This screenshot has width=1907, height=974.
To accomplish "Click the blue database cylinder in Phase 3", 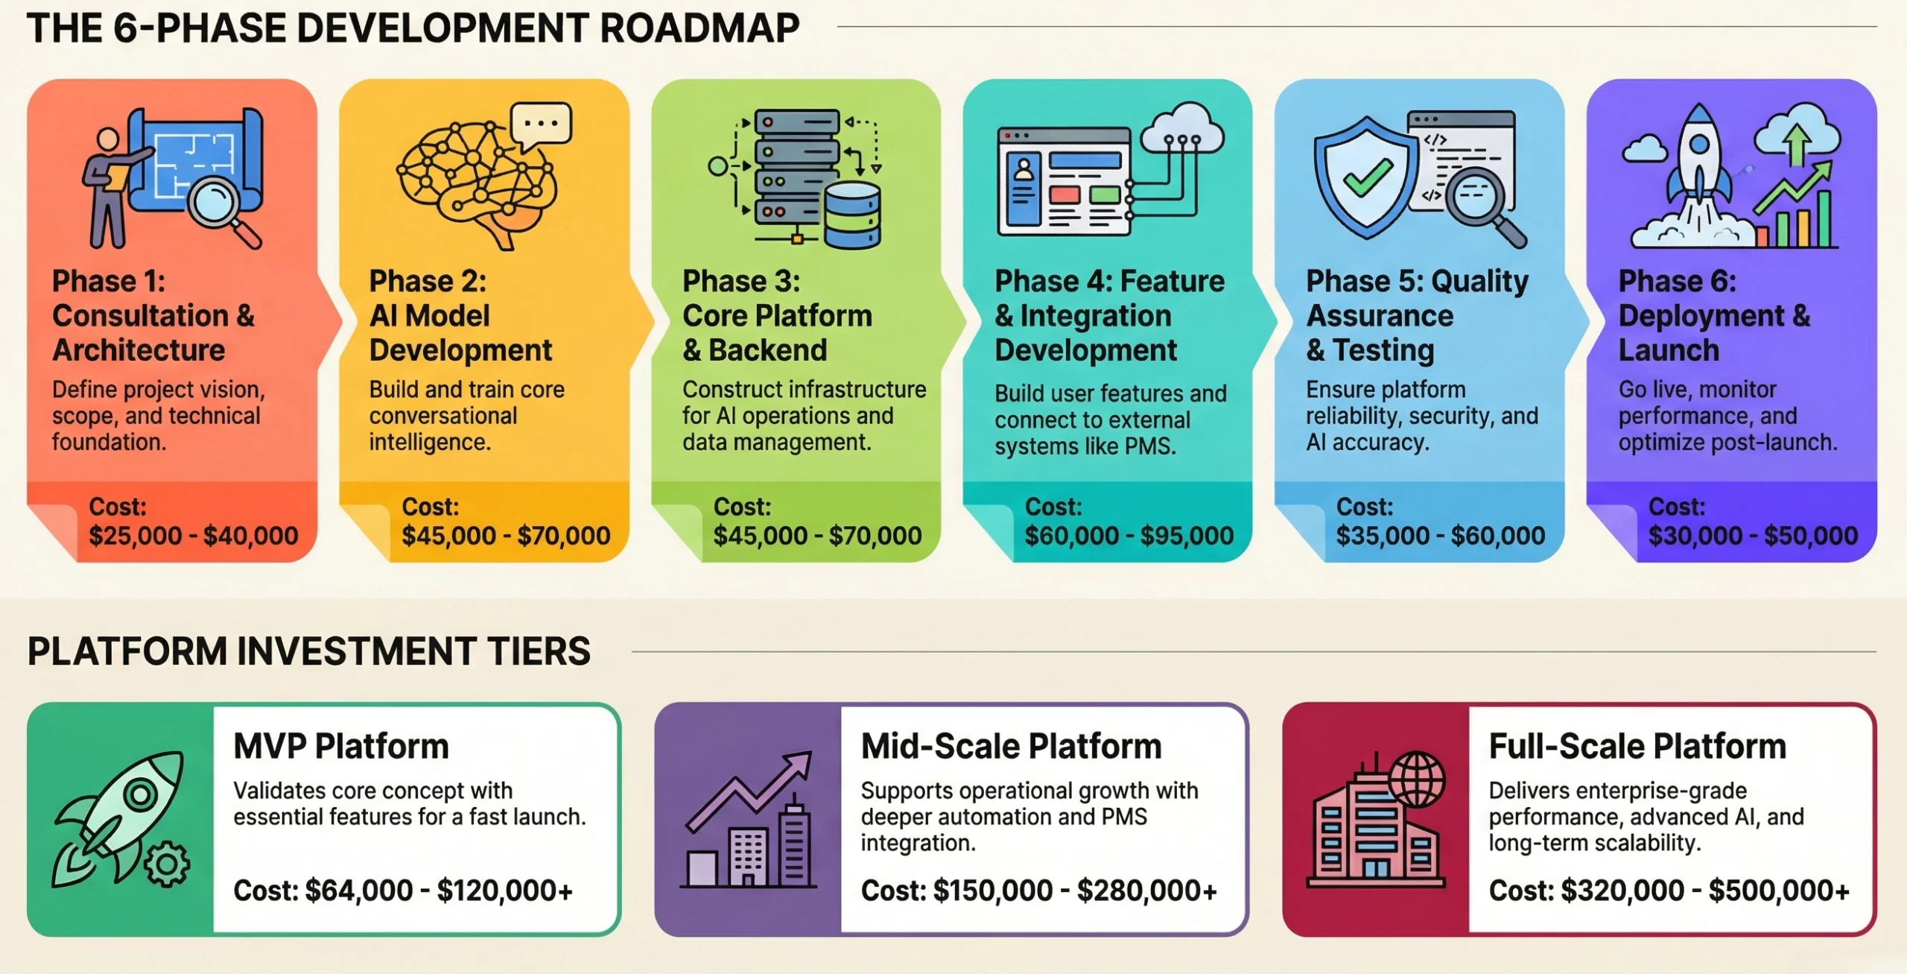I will [853, 216].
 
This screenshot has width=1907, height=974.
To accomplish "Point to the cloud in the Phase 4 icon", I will [1181, 130].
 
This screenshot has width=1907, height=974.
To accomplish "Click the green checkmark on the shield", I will [1367, 180].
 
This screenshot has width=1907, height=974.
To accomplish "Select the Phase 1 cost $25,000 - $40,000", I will [194, 536].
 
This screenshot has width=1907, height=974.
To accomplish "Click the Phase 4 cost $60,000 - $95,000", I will [1129, 536].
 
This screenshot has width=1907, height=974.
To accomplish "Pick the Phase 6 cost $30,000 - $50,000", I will [1753, 536].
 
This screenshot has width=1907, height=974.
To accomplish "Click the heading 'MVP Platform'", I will [341, 747].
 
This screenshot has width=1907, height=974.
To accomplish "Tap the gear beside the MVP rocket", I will [166, 864].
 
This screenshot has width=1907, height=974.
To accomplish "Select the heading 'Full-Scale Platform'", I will [1637, 747].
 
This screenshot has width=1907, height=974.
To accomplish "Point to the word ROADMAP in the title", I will [699, 28].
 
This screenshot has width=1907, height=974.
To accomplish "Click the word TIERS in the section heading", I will [539, 651].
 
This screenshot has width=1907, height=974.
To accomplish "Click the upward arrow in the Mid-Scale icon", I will [752, 790].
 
